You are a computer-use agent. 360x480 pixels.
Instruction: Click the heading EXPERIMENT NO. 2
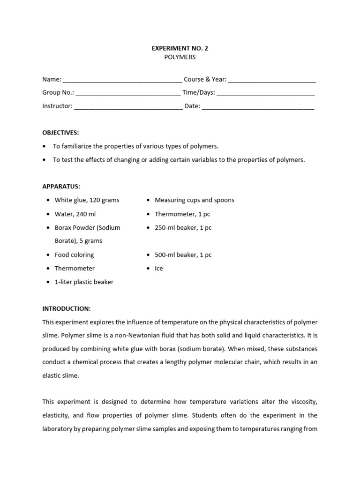pos(180,48)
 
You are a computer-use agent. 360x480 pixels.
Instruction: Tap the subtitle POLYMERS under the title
pos(180,57)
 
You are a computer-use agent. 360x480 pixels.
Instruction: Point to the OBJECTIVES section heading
pos(60,133)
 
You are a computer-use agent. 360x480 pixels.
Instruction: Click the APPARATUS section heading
pos(61,186)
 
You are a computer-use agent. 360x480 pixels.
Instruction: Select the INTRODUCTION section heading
pos(66,308)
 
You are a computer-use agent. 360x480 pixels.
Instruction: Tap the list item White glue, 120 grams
pos(87,200)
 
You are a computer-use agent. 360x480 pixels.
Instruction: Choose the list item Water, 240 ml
pos(75,214)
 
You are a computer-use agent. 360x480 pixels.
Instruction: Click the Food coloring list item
pos(74,255)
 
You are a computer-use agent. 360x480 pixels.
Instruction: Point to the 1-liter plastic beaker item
pos(84,282)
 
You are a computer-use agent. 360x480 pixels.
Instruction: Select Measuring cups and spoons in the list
pos(194,200)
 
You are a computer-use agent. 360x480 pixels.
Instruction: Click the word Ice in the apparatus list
pos(159,269)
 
